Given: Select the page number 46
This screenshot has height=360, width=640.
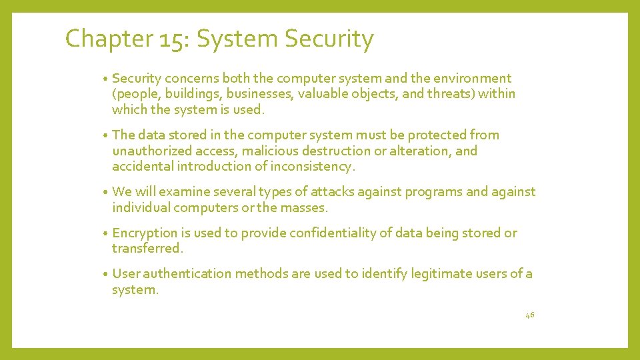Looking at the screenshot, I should [x=530, y=314].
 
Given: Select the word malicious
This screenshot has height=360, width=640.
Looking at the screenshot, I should [x=267, y=151].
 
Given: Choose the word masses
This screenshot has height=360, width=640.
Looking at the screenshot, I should [x=304, y=208].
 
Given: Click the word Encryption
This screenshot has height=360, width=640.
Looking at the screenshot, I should [x=145, y=233].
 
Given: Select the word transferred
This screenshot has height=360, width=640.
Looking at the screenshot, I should [x=147, y=249].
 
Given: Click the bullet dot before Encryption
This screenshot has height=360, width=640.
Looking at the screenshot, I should [x=106, y=234].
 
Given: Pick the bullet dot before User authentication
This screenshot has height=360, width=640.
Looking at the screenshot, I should [x=106, y=275].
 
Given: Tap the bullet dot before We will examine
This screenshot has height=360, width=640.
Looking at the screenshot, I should [x=106, y=193].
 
